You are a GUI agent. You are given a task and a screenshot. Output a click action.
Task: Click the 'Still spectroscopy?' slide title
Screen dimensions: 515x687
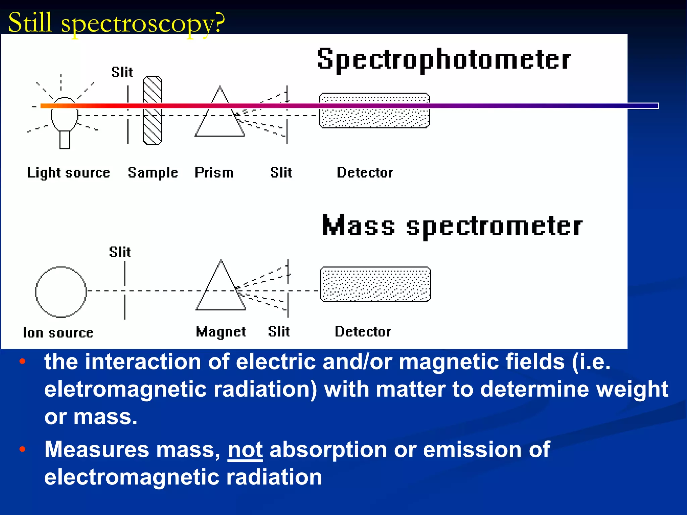pyautogui.click(x=116, y=23)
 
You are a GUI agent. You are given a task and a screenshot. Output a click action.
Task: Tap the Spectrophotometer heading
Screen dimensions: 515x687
pyautogui.click(x=443, y=60)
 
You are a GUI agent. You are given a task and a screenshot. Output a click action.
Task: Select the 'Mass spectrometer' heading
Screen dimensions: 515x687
pyautogui.click(x=452, y=226)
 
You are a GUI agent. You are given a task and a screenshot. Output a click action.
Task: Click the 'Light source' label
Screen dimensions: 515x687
pyautogui.click(x=68, y=173)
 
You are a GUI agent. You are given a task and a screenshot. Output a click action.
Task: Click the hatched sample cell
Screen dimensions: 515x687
pyautogui.click(x=153, y=111)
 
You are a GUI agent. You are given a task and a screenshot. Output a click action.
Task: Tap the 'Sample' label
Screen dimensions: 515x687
pyautogui.click(x=153, y=173)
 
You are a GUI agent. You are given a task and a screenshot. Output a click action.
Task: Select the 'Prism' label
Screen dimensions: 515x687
pyautogui.click(x=214, y=173)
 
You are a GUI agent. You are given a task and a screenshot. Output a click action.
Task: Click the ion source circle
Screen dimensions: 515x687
pyautogui.click(x=61, y=292)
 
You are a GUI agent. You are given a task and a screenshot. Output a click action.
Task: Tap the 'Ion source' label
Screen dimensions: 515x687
pyautogui.click(x=58, y=333)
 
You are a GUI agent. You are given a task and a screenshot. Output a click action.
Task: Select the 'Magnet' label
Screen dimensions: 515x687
pyautogui.click(x=221, y=332)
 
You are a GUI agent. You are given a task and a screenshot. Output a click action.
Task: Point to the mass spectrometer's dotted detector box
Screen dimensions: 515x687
pyautogui.click(x=375, y=284)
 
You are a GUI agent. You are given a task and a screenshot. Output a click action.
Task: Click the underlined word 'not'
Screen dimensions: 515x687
pyautogui.click(x=245, y=449)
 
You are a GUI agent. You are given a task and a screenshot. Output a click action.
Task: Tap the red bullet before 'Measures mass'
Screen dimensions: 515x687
pyautogui.click(x=22, y=449)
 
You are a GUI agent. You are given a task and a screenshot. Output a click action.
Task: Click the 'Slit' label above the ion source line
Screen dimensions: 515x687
pyautogui.click(x=120, y=252)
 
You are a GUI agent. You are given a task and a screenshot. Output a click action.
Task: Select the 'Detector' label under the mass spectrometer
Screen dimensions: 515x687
pyautogui.click(x=363, y=332)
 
